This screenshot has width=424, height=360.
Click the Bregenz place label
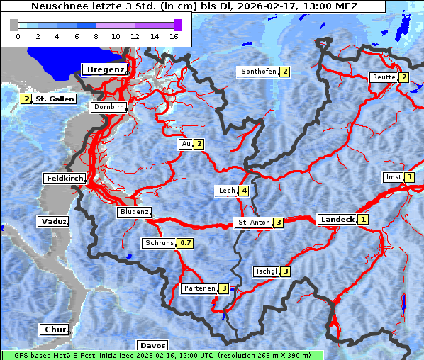point(106,69)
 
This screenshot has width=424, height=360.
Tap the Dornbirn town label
point(109,107)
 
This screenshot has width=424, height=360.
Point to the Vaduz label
point(53,222)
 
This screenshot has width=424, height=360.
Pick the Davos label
point(152,345)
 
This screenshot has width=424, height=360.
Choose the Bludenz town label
point(134,212)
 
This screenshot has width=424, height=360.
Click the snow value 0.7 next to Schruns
point(185,243)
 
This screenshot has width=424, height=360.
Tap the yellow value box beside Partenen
point(224,288)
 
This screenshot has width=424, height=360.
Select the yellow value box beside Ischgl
point(286,271)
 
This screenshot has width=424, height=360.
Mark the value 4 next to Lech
point(244,191)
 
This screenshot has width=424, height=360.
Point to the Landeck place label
point(337,220)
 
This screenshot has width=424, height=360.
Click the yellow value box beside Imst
point(410,177)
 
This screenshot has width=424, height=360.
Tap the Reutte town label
point(383,77)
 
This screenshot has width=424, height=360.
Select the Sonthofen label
point(258,72)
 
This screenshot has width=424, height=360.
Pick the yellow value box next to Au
point(200,145)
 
